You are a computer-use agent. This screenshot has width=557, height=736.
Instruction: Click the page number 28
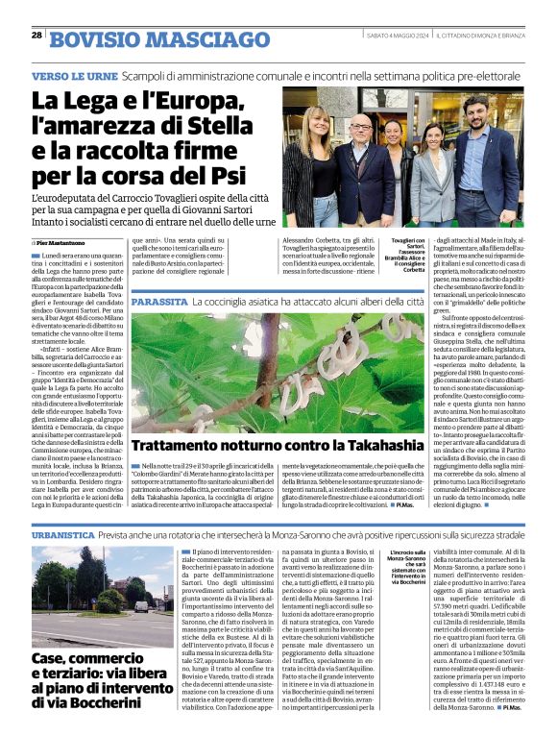(x=36, y=35)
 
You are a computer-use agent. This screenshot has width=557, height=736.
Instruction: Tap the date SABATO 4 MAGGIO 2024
(x=398, y=36)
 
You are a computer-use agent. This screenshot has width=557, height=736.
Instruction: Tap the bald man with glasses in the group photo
(x=361, y=159)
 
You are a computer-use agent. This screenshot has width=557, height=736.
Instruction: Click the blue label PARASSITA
(x=160, y=303)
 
